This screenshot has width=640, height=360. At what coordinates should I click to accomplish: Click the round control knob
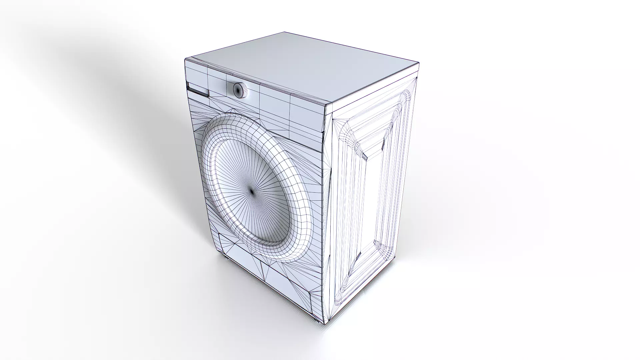click(239, 90)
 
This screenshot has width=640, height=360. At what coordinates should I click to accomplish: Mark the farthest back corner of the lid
click(284, 32)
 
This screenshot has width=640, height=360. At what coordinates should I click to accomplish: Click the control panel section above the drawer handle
click(197, 75)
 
